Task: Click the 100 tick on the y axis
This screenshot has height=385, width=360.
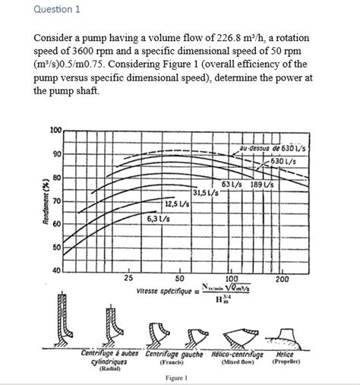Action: (55, 131)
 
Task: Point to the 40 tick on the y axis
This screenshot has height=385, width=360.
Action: (55, 271)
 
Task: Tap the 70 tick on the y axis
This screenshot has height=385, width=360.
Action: (55, 201)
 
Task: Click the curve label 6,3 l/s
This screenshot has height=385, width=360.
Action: (155, 219)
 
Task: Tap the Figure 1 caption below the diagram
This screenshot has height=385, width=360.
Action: (180, 378)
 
